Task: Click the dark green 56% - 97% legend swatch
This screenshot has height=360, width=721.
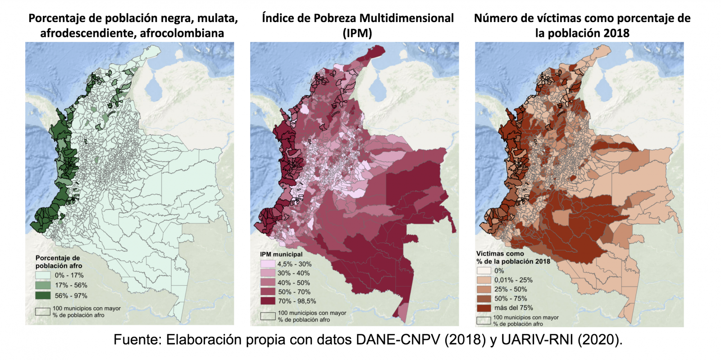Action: (43, 296)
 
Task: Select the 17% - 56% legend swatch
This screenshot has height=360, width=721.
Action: (43, 285)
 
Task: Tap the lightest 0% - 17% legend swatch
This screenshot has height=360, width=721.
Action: (43, 275)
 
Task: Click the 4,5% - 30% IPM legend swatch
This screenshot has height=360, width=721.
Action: (268, 264)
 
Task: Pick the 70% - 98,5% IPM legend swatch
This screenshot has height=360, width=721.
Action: (268, 301)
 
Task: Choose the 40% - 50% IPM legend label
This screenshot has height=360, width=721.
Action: (293, 283)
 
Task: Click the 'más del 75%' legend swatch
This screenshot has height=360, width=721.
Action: (484, 308)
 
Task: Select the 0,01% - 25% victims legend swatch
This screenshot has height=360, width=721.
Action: (484, 280)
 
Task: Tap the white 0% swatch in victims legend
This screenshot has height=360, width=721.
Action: (484, 271)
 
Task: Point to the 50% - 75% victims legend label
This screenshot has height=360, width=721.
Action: (510, 298)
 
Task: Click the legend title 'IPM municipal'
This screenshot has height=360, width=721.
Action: (281, 254)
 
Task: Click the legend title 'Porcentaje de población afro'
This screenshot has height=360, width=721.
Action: (58, 262)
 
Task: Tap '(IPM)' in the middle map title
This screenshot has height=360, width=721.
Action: (357, 33)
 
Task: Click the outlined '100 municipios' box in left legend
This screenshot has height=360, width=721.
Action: (43, 311)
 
